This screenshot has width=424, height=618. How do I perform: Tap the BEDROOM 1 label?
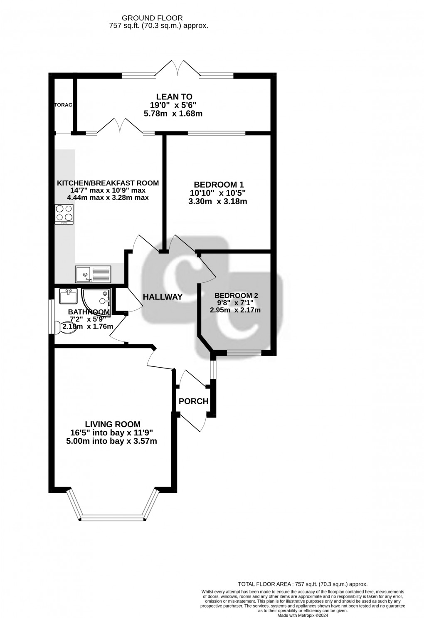click(219, 185)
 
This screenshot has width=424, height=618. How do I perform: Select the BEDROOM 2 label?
click(236, 296)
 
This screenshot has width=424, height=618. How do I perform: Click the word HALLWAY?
click(163, 297)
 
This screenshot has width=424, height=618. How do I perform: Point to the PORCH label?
click(193, 401)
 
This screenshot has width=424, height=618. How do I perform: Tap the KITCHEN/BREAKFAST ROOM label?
click(108, 183)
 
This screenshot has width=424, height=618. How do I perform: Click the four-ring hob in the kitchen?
click(64, 214)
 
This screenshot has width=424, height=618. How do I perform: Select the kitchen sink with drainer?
click(93, 274)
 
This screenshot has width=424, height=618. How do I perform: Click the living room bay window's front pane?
click(112, 518)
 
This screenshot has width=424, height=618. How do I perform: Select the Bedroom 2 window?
click(244, 353)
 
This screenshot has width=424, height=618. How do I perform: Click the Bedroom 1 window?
click(216, 133)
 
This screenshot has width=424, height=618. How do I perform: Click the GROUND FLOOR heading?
click(152, 18)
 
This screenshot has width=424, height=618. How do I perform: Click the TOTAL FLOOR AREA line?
click(302, 584)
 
